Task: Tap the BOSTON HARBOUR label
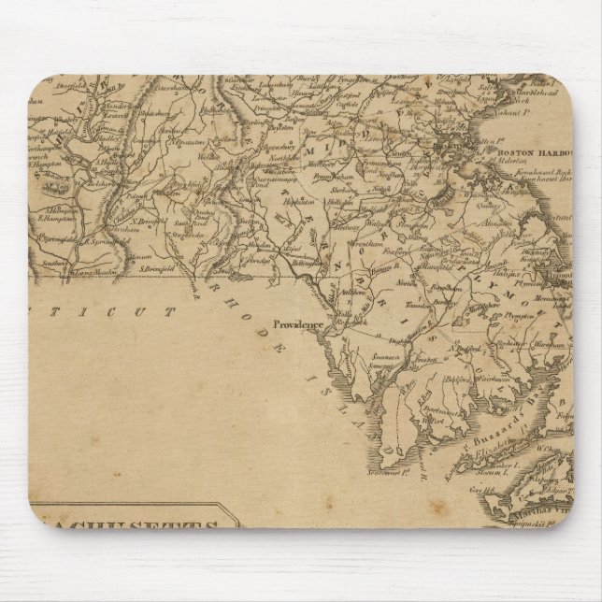[x=531, y=151]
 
